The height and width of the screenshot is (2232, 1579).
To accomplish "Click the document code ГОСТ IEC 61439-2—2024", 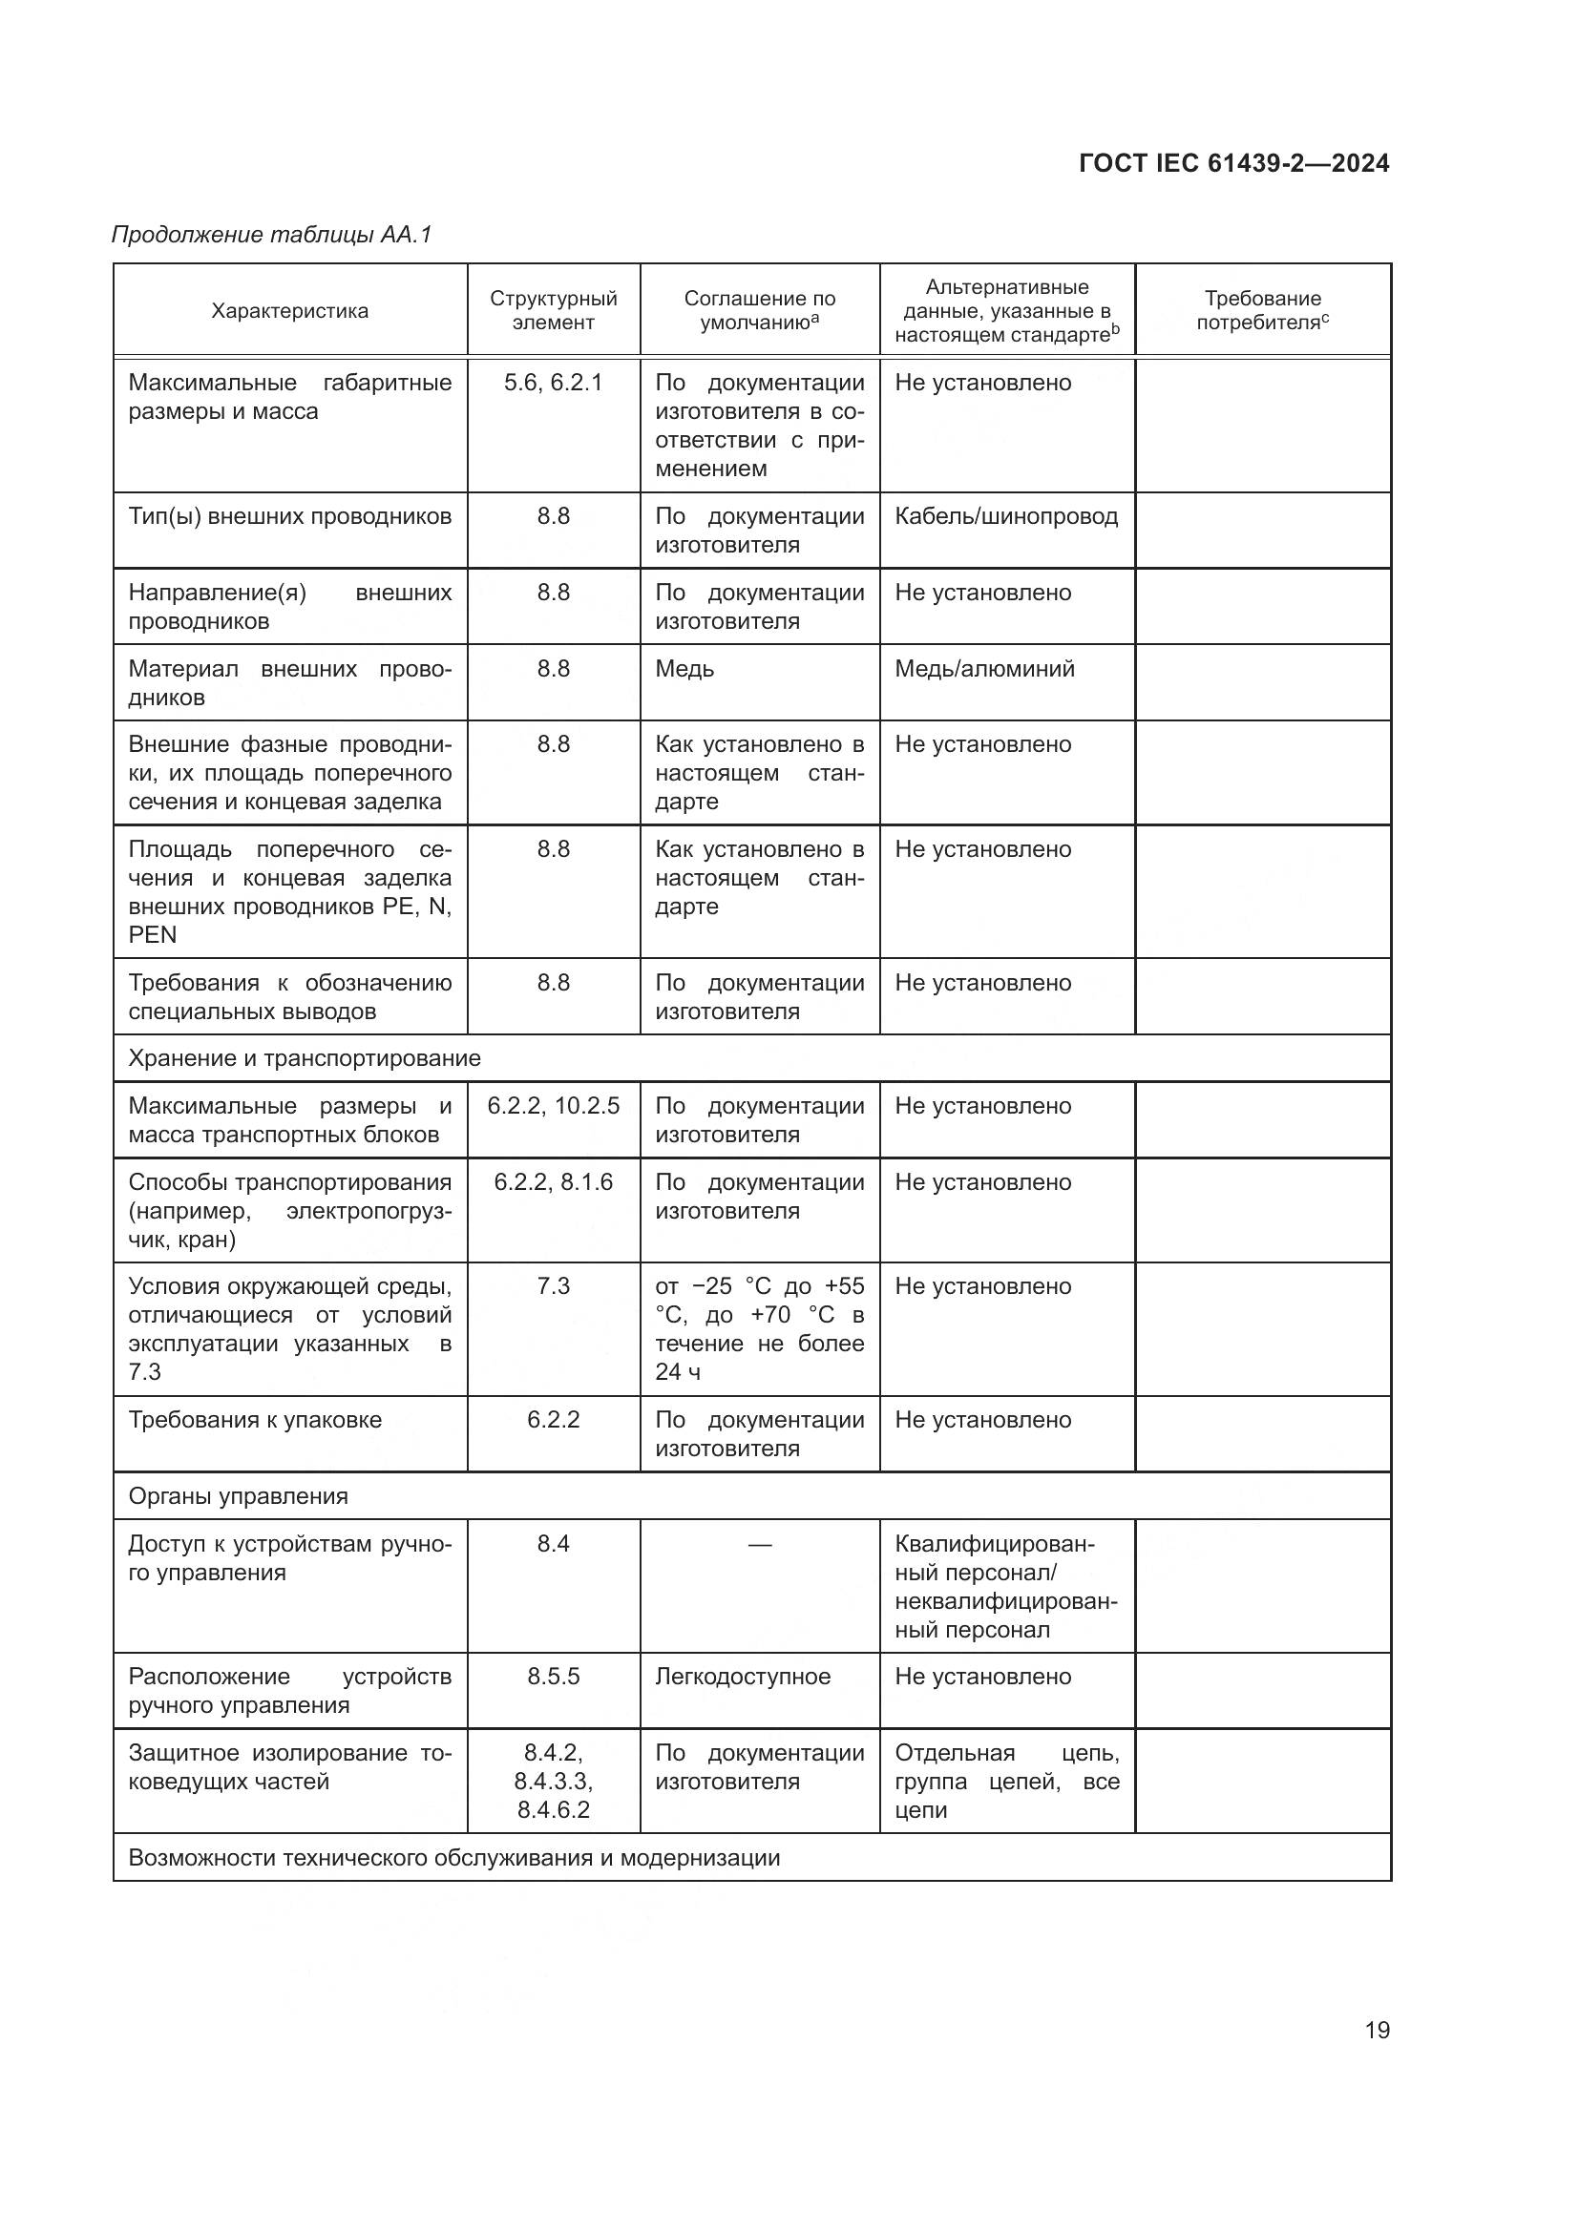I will pos(1232,163).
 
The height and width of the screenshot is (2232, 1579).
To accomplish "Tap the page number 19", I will pos(1377,2030).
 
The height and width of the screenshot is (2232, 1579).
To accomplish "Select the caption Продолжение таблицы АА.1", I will pos(271,235).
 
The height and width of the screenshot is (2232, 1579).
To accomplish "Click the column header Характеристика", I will pos(290,311).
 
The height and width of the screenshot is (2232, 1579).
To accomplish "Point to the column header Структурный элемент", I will pos(554,310).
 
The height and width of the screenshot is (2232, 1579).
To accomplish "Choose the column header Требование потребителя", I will pos(1262,310).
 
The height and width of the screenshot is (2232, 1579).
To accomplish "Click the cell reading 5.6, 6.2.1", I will pos(554,383).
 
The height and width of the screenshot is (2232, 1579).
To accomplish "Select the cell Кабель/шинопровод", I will pos(1005,516).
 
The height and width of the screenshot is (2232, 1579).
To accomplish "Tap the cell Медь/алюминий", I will pos(984,669).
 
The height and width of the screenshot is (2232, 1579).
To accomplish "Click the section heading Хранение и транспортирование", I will pos(305,1057).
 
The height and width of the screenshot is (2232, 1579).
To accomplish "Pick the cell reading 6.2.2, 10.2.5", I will pos(554,1106).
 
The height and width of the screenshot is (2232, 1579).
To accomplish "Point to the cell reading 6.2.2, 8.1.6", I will pos(554,1182).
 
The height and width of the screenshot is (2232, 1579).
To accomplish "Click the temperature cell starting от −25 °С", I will pos(759,1329).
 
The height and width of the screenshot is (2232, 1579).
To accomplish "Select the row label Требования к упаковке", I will pos(255,1419).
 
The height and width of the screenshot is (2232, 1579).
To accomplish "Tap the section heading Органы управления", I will pos(239,1496).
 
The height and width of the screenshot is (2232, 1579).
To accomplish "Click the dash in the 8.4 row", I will pos(759,1545).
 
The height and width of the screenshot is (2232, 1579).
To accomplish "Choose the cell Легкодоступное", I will pos(743,1677).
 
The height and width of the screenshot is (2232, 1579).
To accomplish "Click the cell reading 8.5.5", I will pos(554,1677).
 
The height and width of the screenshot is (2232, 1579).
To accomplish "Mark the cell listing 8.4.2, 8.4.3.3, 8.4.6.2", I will pos(554,1781).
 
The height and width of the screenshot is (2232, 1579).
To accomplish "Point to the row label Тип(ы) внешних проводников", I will pos(290,516).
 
